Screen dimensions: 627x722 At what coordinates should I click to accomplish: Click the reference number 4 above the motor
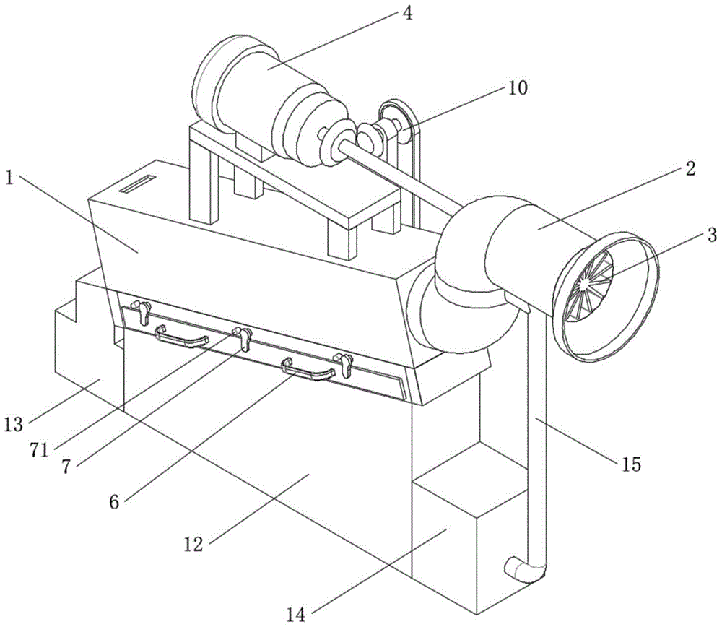(x=408, y=14)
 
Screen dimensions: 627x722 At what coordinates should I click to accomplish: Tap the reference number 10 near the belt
(x=518, y=88)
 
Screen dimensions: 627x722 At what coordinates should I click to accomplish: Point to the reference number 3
(x=711, y=235)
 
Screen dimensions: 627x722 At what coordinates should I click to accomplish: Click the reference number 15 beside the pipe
(x=630, y=464)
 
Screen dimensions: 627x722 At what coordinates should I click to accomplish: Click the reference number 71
(x=39, y=449)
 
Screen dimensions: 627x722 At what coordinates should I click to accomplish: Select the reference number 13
(x=15, y=422)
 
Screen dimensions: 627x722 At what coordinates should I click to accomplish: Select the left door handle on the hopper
(x=182, y=337)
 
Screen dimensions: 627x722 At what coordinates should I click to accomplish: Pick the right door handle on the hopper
(x=309, y=372)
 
